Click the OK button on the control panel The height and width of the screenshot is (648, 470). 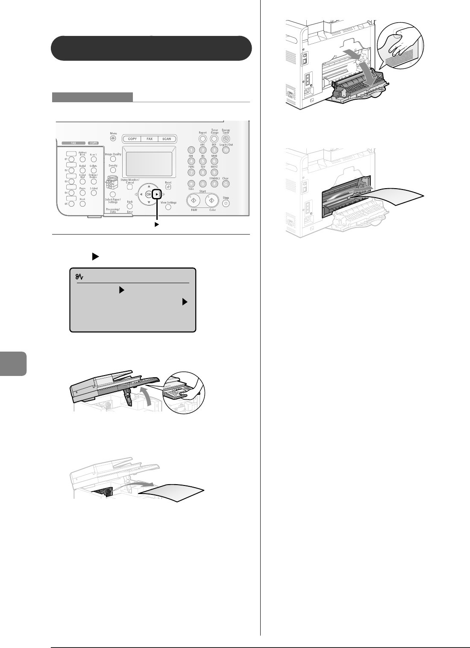pos(149,194)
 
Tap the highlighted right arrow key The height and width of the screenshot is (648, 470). pos(158,194)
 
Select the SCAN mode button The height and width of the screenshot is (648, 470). pos(167,139)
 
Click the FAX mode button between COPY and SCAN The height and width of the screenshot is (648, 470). pos(150,139)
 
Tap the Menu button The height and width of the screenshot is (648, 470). pos(113,139)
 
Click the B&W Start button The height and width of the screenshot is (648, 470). pos(194,200)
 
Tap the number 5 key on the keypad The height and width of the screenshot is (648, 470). pos(203,161)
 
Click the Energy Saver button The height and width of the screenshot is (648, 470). pos(226,138)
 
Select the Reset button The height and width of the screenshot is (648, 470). pos(168,187)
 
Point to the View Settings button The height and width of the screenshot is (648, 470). pos(168,207)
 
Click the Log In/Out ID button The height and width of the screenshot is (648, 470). pos(226,150)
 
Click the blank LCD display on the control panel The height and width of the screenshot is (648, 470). pos(149,164)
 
